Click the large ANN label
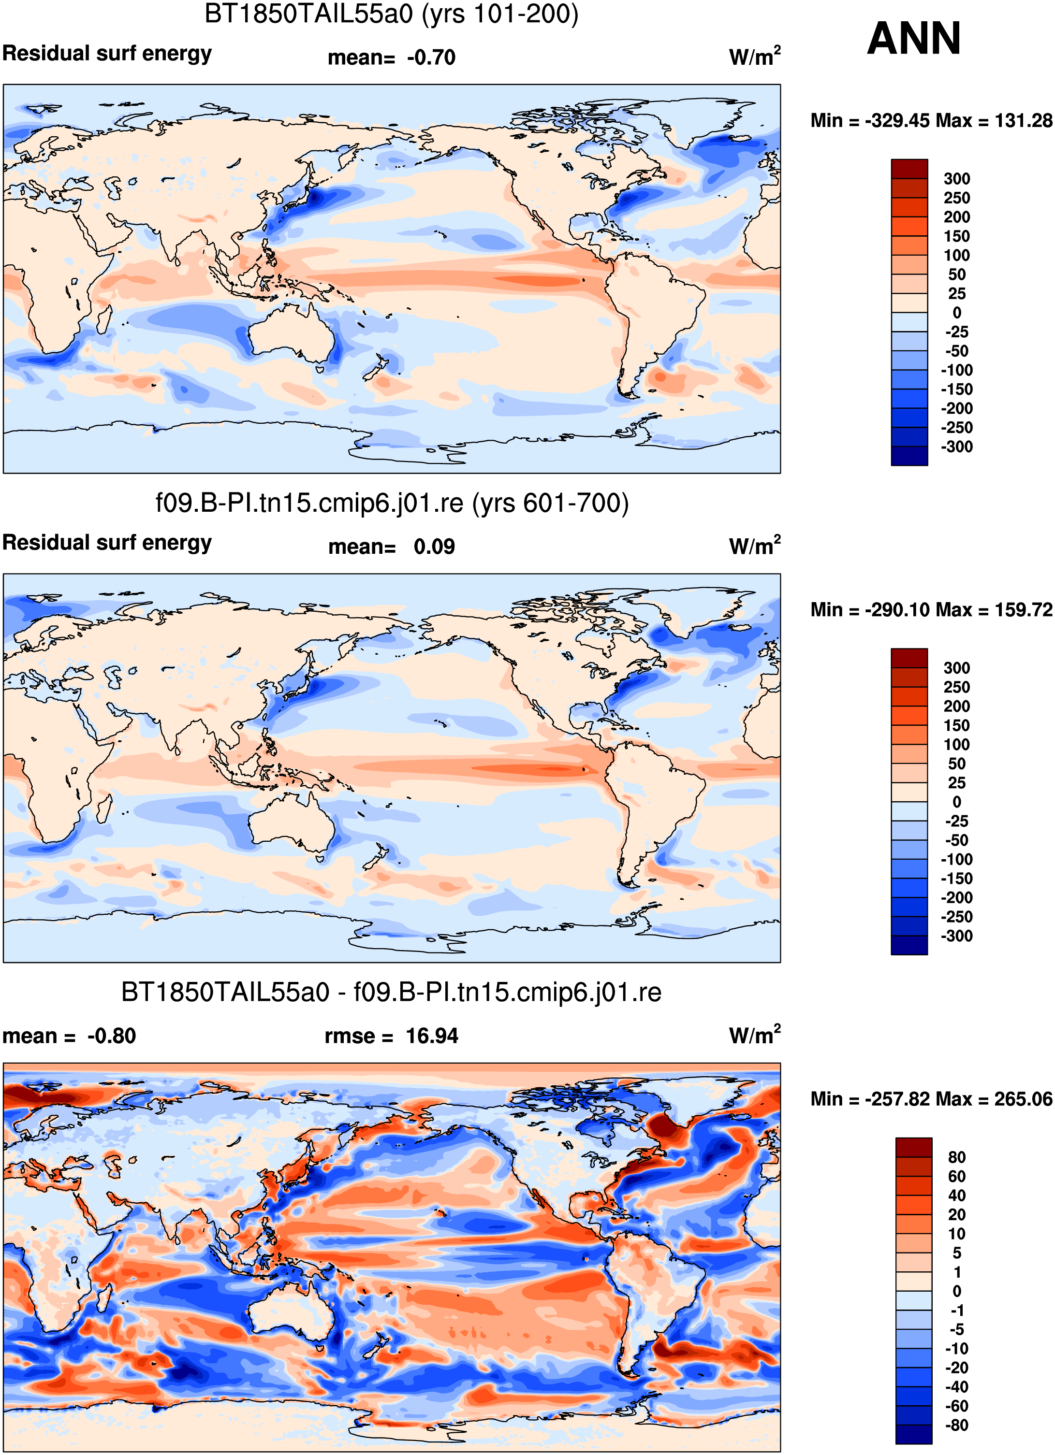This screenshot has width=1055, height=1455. (x=914, y=39)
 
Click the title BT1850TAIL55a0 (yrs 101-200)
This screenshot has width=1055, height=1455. (x=392, y=14)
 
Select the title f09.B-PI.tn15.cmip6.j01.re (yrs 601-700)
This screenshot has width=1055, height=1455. (x=392, y=503)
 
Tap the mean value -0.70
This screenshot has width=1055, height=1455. (x=431, y=58)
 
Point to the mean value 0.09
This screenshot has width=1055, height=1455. (x=435, y=547)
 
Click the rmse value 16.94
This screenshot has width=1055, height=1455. (x=432, y=1036)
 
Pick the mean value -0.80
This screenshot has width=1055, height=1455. (x=112, y=1036)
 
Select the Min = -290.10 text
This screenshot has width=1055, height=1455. (x=870, y=609)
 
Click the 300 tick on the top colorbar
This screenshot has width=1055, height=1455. (x=956, y=179)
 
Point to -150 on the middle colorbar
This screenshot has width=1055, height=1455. (x=956, y=878)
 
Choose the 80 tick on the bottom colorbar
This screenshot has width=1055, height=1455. (x=956, y=1157)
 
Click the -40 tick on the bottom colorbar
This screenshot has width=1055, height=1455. (x=956, y=1386)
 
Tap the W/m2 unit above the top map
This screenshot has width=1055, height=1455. (x=755, y=57)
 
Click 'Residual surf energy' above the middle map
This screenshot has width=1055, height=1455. (x=107, y=543)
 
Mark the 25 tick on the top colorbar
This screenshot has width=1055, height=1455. (x=956, y=294)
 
